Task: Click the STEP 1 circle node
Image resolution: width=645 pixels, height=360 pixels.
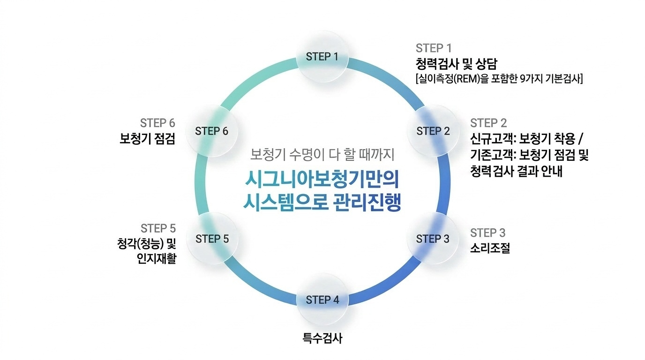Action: (x=322, y=57)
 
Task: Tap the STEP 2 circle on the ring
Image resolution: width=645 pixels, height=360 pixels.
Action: (x=433, y=131)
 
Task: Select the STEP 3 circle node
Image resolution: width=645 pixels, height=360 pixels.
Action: (x=432, y=239)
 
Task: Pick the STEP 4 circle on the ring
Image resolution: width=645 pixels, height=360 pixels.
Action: (x=322, y=300)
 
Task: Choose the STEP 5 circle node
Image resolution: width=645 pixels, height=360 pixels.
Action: (x=212, y=239)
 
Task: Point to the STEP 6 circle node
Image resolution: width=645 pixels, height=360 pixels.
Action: (x=211, y=131)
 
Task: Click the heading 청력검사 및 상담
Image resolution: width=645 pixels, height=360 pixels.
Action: (x=452, y=63)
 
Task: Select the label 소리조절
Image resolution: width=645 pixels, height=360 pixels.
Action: (x=489, y=248)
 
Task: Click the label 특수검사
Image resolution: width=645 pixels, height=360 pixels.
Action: (x=322, y=338)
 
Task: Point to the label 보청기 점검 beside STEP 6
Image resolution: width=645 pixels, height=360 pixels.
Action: (x=147, y=139)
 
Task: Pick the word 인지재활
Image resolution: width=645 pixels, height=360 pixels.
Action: (x=157, y=258)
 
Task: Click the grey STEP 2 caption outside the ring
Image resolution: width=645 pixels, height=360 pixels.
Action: (x=488, y=123)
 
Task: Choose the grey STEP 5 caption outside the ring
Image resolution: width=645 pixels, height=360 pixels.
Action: (x=158, y=228)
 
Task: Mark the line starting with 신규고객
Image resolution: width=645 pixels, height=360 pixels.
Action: (x=528, y=140)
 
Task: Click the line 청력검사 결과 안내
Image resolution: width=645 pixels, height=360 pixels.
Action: (x=516, y=171)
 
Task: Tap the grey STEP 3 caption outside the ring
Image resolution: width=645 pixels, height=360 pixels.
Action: (x=487, y=233)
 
